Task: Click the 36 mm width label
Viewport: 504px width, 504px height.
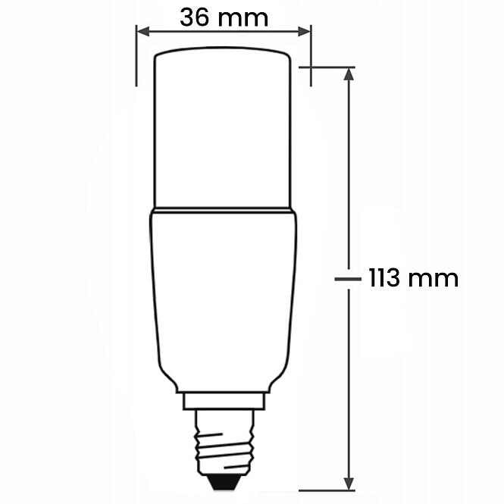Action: (x=224, y=17)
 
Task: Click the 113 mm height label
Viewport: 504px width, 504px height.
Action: (x=413, y=278)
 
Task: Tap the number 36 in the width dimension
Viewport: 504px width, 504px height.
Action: (x=195, y=17)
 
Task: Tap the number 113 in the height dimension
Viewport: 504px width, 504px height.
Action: (x=385, y=278)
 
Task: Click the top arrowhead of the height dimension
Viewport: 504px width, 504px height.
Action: (x=349, y=74)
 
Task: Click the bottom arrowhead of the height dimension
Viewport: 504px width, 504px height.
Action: (x=349, y=484)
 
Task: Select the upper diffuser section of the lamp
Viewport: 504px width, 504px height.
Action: (x=224, y=129)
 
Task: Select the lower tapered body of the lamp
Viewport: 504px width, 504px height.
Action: (x=224, y=296)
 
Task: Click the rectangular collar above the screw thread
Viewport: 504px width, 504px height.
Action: (x=224, y=399)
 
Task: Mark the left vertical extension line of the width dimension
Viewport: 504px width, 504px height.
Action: (x=136, y=57)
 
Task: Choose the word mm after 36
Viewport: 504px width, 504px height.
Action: (x=246, y=17)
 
